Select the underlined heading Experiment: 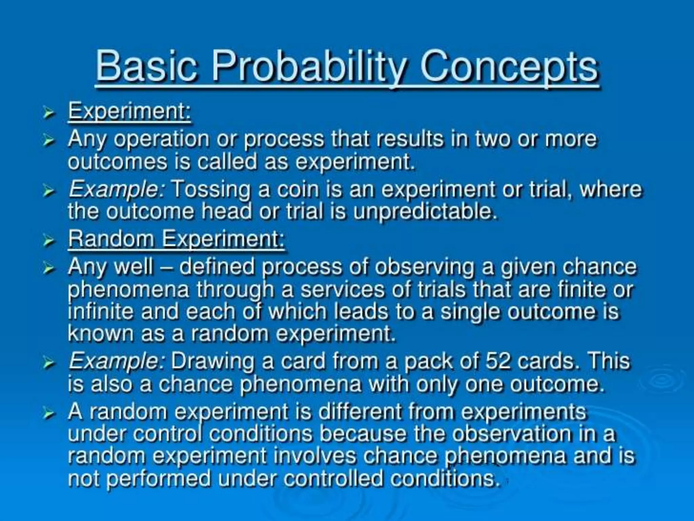(129, 111)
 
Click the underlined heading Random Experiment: (176, 239)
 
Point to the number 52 (498, 361)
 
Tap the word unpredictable (425, 212)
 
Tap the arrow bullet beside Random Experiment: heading (49, 240)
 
